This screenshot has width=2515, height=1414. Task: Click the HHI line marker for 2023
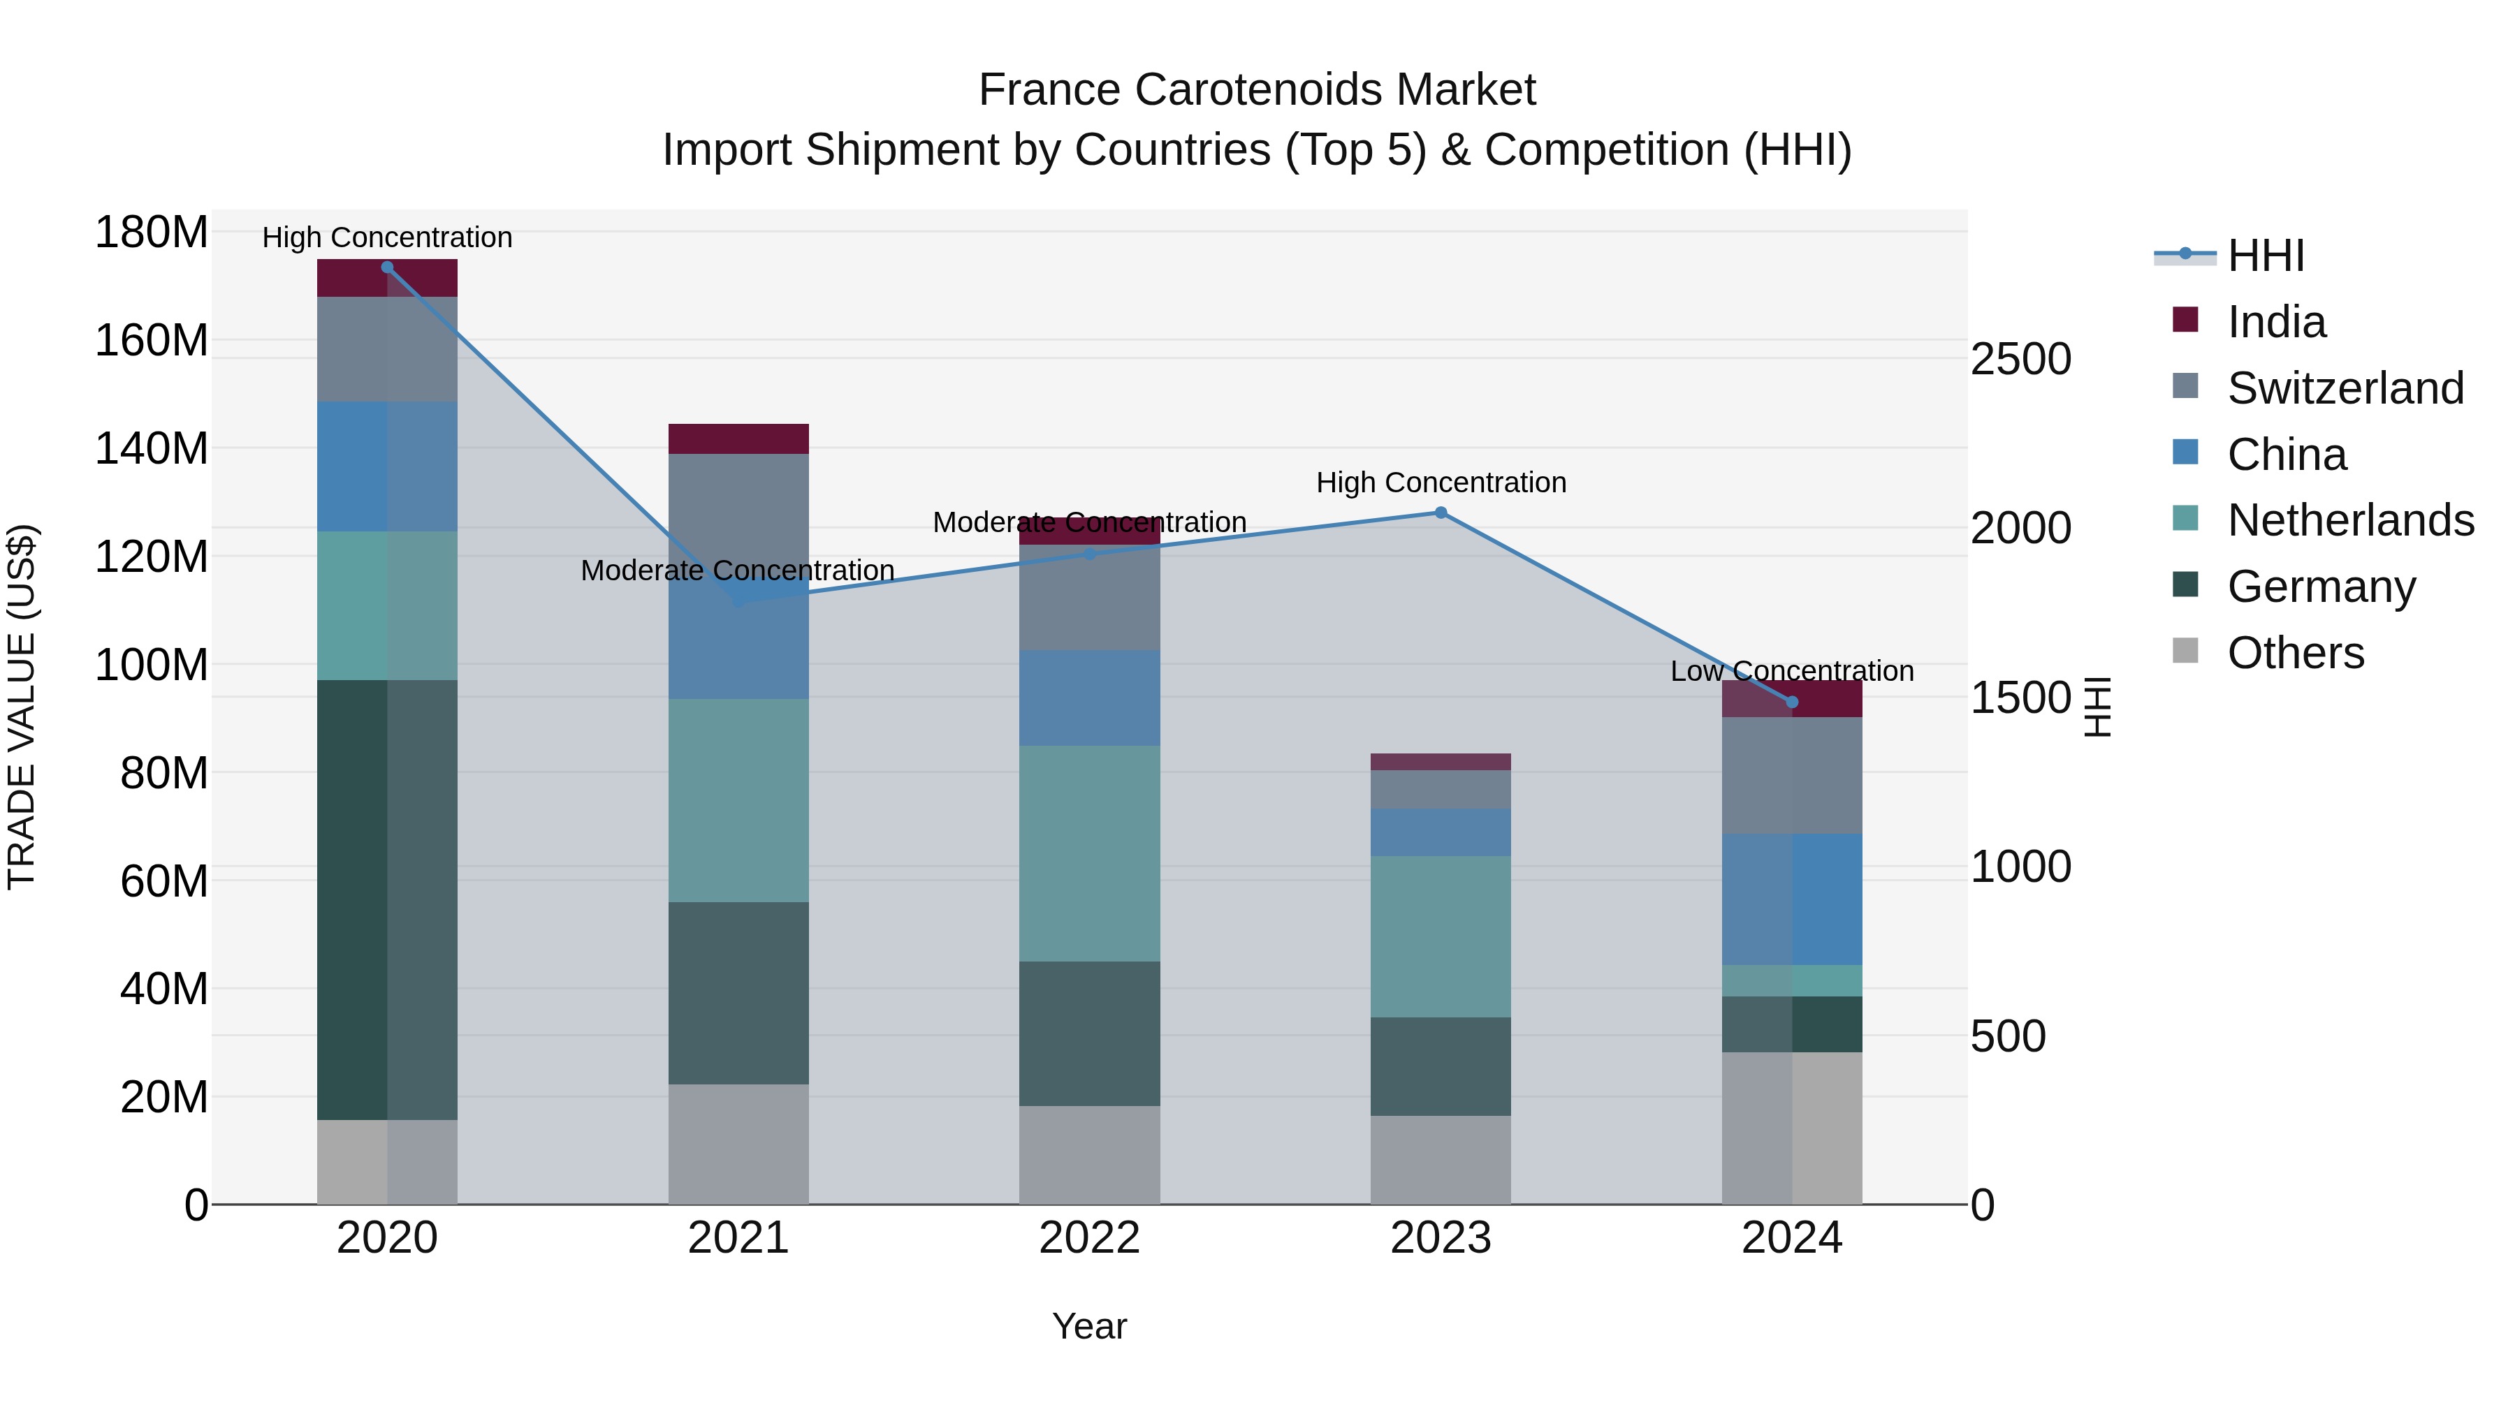pyautogui.click(x=1440, y=513)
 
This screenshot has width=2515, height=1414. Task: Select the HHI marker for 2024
pyautogui.click(x=1791, y=702)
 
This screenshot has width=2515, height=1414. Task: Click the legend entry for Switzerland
pyautogui.click(x=2344, y=388)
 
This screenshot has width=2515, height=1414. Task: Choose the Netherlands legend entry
pyautogui.click(x=2349, y=520)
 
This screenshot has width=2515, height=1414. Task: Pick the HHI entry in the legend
pyautogui.click(x=2265, y=256)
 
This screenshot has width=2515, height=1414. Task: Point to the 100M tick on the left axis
pyautogui.click(x=152, y=665)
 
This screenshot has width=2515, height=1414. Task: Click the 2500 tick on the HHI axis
pyautogui.click(x=2020, y=359)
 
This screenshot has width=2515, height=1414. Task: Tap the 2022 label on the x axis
pyautogui.click(x=1090, y=1238)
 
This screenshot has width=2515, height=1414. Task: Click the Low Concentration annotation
pyautogui.click(x=1791, y=671)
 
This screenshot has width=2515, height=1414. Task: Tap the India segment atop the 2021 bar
pyautogui.click(x=738, y=439)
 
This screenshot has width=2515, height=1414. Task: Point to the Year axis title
pyautogui.click(x=1090, y=1326)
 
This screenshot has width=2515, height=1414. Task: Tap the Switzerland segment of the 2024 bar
pyautogui.click(x=1791, y=775)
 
